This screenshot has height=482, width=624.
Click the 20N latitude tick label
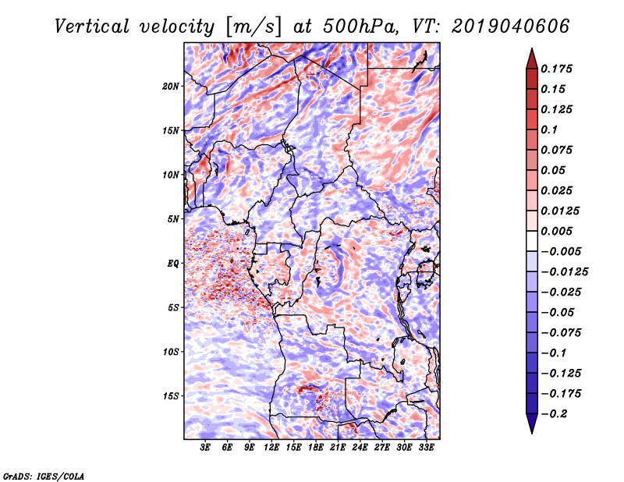pos(171,86)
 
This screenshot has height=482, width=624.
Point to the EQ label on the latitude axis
pos(173,264)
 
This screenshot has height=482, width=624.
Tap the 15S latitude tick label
pos(171,396)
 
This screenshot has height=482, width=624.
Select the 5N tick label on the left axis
pos(173,219)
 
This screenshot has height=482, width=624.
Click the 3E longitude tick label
pos(206,448)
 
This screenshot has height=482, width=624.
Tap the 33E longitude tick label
pos(426,448)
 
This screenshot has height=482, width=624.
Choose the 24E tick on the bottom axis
pos(360,448)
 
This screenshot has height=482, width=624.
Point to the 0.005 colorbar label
pos(558,231)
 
